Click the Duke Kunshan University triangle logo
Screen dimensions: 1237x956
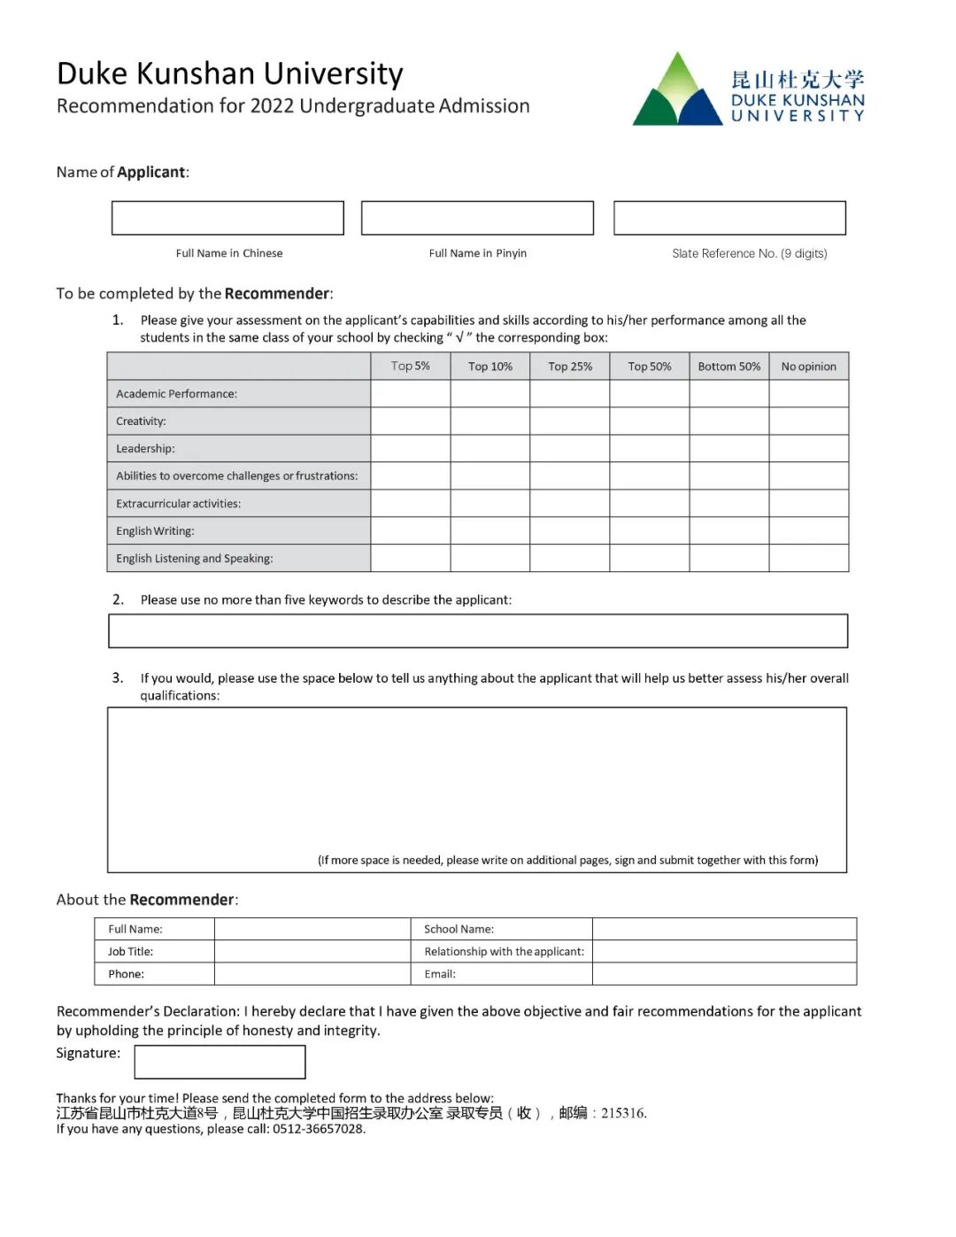point(677,91)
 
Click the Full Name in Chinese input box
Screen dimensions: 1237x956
point(227,218)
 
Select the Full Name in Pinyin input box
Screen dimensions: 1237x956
point(477,218)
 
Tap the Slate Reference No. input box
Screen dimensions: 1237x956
point(729,218)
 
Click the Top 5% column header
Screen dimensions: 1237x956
point(411,366)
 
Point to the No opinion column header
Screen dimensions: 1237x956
point(808,366)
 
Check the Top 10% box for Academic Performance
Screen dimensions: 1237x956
point(490,394)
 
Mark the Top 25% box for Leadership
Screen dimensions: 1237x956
point(570,449)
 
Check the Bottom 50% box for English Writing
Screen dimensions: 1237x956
point(729,531)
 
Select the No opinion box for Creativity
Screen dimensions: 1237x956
point(808,421)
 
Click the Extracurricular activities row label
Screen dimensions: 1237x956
point(178,504)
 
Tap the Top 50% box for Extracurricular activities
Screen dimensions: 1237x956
point(650,504)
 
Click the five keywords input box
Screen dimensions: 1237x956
point(478,631)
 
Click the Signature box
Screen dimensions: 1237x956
point(220,1062)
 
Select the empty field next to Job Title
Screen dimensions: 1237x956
point(312,952)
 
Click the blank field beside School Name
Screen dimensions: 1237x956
point(724,929)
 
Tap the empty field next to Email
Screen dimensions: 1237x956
point(724,974)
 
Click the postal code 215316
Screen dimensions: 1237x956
point(623,1113)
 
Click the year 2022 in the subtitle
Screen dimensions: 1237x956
point(272,106)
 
